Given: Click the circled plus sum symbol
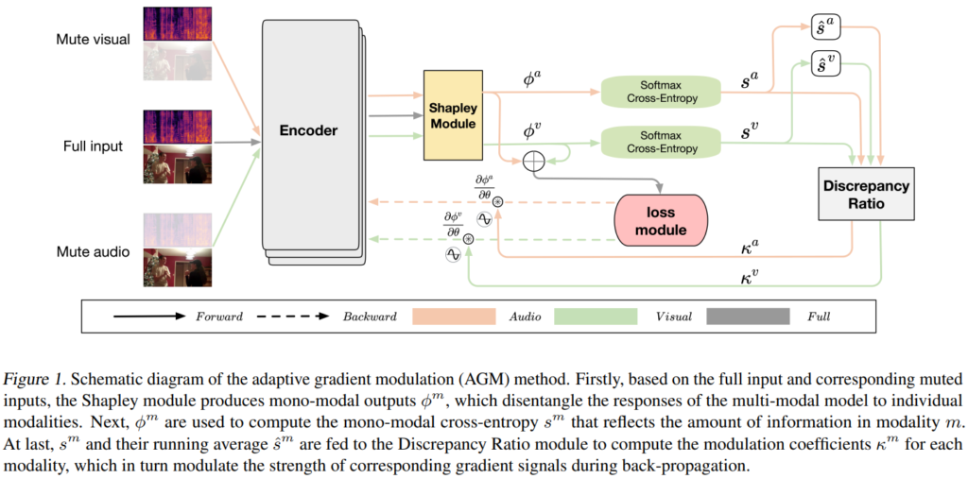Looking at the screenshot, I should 534,162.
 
